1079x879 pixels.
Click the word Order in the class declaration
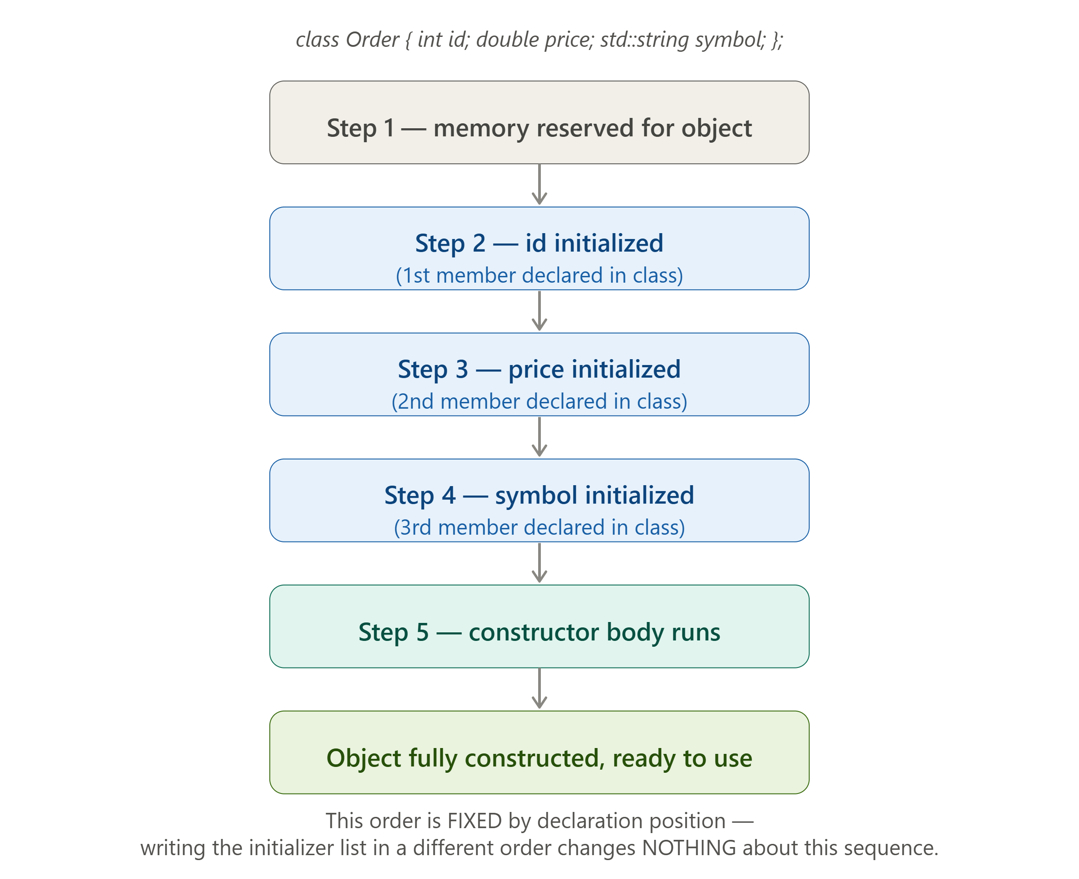pyautogui.click(x=372, y=40)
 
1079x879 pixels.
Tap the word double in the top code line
pyautogui.click(x=507, y=40)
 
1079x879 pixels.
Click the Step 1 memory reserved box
pyautogui.click(x=539, y=122)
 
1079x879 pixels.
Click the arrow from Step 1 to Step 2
pyautogui.click(x=539, y=185)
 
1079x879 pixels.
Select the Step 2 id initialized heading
pyautogui.click(x=539, y=243)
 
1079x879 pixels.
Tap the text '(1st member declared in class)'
pyautogui.click(x=539, y=275)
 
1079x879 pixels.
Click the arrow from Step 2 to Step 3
pyautogui.click(x=539, y=311)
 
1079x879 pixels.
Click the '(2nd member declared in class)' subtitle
pyautogui.click(x=539, y=401)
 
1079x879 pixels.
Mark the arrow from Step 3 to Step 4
pyautogui.click(x=539, y=437)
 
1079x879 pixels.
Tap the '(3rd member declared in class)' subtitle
pyautogui.click(x=539, y=527)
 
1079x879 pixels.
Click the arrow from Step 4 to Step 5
pyautogui.click(x=539, y=563)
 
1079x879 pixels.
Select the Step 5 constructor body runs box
pyautogui.click(x=539, y=627)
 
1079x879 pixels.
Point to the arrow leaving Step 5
pyautogui.click(x=539, y=689)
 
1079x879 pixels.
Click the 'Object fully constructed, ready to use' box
pyautogui.click(x=539, y=753)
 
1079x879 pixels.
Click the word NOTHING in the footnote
pyautogui.click(x=689, y=848)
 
